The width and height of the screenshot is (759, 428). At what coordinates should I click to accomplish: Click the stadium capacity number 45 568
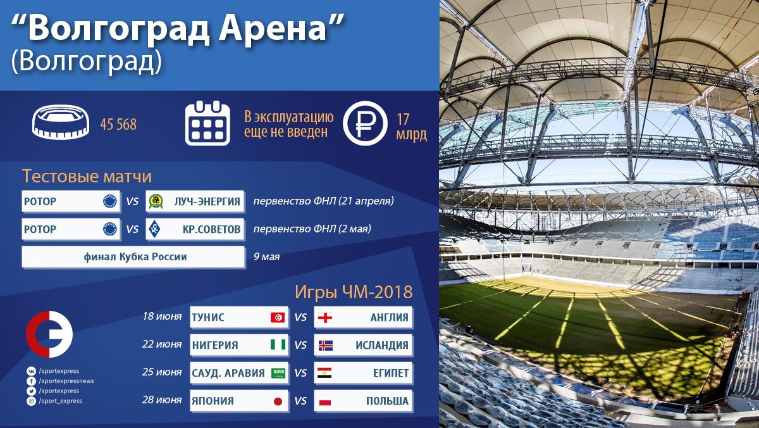click(x=118, y=125)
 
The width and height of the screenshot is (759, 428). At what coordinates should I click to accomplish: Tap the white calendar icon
click(x=207, y=123)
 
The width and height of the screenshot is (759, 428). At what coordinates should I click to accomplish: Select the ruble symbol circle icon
click(x=365, y=123)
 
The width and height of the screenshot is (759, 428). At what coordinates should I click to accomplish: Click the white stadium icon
click(x=61, y=122)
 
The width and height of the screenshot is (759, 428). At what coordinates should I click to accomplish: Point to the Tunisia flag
click(x=278, y=317)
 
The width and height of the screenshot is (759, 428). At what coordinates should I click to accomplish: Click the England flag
click(x=325, y=317)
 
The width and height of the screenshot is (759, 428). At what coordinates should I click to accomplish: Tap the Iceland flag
click(x=325, y=345)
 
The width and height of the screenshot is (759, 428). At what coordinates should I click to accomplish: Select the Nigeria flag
click(x=278, y=345)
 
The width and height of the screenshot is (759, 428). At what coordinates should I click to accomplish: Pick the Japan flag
click(x=278, y=401)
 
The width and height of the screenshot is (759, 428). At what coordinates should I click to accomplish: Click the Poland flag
click(x=325, y=401)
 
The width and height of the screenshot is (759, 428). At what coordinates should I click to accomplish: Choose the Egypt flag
click(x=324, y=373)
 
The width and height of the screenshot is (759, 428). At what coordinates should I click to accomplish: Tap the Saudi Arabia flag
click(x=278, y=373)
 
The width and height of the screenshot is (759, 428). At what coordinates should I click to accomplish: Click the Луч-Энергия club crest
click(x=156, y=201)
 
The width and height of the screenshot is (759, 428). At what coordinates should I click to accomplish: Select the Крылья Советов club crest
click(x=154, y=229)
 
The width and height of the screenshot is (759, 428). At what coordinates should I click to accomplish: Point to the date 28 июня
click(x=162, y=400)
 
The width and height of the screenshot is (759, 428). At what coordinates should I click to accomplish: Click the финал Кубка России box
click(x=133, y=257)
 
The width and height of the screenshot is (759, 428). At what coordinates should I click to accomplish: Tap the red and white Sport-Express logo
click(x=49, y=334)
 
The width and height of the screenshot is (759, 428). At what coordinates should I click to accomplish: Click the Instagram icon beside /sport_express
click(x=31, y=401)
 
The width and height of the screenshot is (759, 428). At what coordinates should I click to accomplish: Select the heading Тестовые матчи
click(x=87, y=177)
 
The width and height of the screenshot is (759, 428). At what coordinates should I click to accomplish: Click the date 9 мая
click(x=267, y=256)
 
